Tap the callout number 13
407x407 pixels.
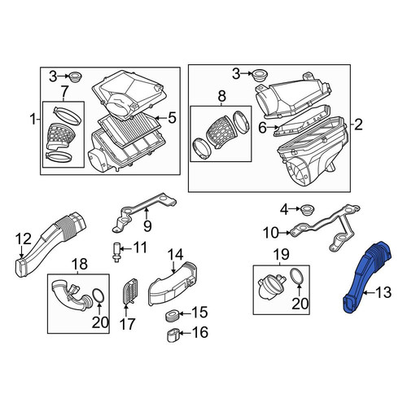pos(383,292)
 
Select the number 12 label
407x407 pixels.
pos(23,239)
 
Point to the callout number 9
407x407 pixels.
pos(147,225)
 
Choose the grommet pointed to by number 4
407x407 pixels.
pos(308,211)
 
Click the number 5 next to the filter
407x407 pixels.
pos(172,118)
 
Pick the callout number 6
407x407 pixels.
pos(262,128)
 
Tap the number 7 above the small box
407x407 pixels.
pos(63,93)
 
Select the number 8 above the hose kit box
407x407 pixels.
pos(221,96)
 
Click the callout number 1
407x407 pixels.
pos(33,120)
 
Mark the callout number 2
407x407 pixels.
pos(358,125)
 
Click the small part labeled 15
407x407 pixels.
pos(171,316)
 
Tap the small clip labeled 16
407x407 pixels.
pos(173,335)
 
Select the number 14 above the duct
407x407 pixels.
pos(175,255)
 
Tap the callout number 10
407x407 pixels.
pos(271,233)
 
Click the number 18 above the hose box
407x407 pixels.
pos(80,264)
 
